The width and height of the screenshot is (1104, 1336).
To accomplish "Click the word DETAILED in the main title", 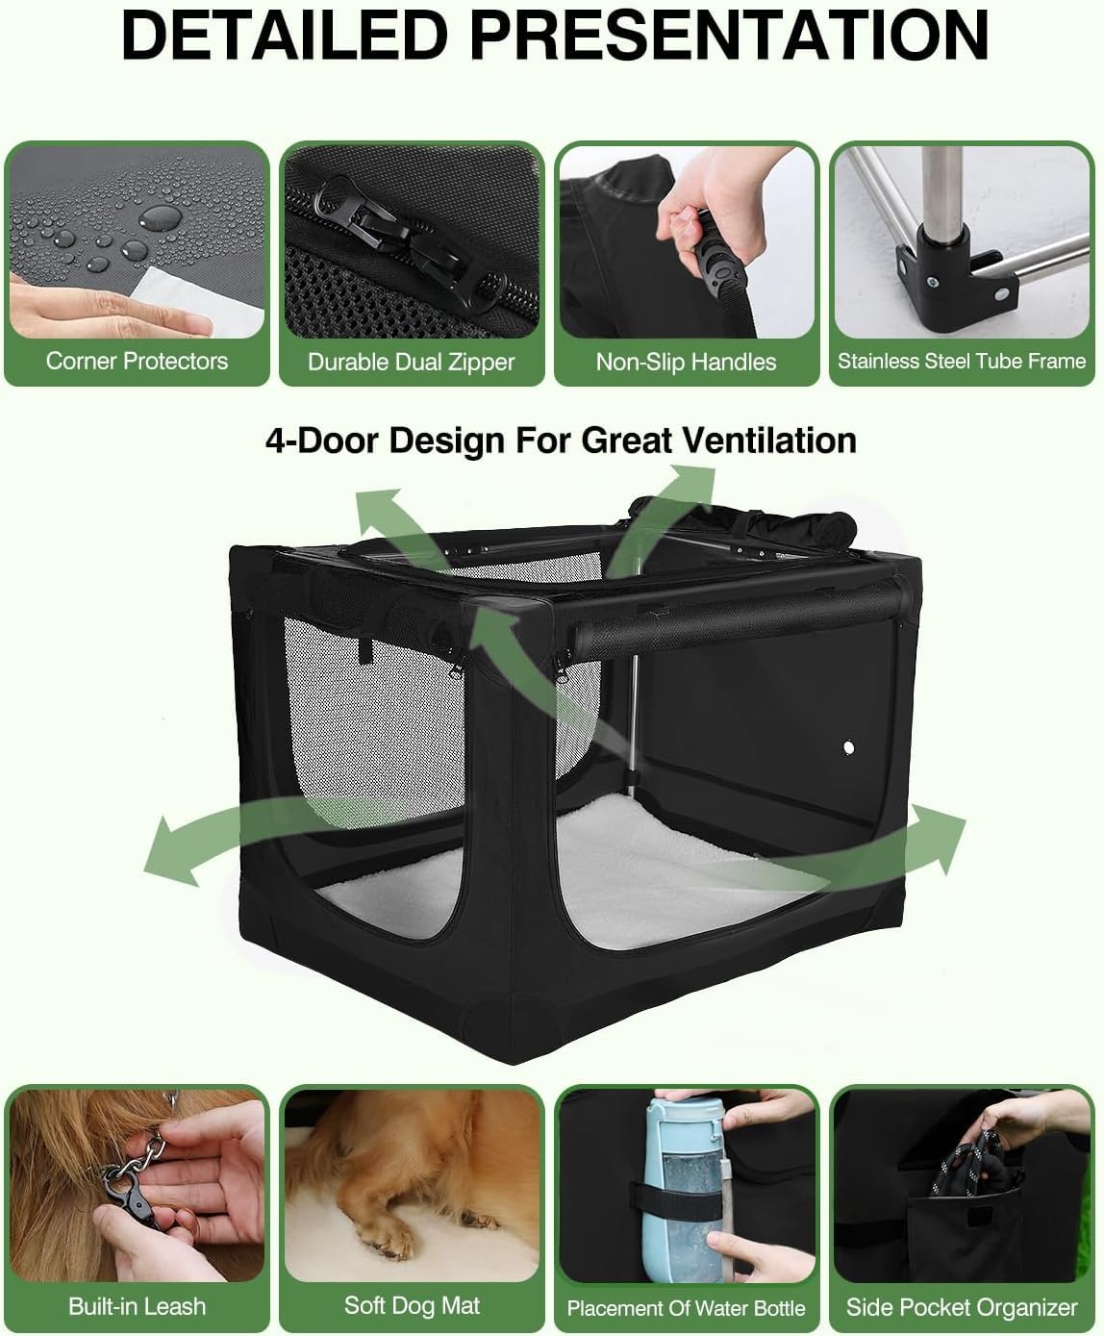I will pyautogui.click(x=285, y=36).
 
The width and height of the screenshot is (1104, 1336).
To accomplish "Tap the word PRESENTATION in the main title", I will pyautogui.click(x=729, y=36).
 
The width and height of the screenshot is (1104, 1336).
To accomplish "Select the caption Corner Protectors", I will pyautogui.click(x=137, y=362).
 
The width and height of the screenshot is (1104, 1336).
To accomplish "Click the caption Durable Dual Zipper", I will pyautogui.click(x=411, y=363).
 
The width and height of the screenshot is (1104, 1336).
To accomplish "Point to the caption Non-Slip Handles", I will pyautogui.click(x=686, y=363).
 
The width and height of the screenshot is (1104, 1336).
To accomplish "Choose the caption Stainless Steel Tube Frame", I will pyautogui.click(x=961, y=362).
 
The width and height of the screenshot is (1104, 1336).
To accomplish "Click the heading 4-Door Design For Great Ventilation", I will pyautogui.click(x=561, y=441).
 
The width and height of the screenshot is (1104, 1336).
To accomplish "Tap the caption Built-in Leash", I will pyautogui.click(x=137, y=1306).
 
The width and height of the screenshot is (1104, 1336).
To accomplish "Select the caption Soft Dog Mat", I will pyautogui.click(x=412, y=1305).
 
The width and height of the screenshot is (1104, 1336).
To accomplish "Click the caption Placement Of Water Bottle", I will pyautogui.click(x=686, y=1308).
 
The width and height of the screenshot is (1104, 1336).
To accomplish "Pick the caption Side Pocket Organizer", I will pyautogui.click(x=962, y=1307).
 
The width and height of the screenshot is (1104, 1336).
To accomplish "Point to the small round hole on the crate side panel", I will pyautogui.click(x=848, y=746).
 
